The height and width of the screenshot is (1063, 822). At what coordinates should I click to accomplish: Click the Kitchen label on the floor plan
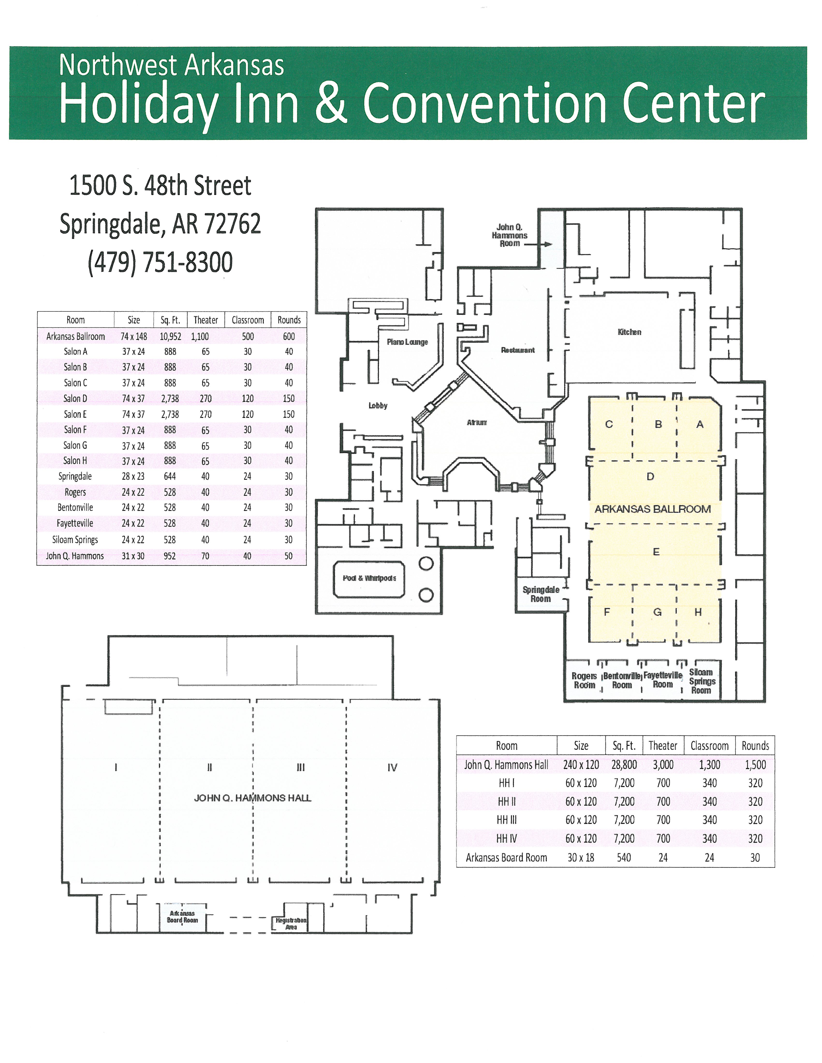629,332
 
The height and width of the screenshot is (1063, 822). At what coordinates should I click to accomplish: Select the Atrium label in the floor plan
477,423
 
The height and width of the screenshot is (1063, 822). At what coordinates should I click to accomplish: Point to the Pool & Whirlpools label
369,578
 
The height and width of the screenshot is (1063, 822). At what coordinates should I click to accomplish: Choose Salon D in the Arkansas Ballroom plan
650,476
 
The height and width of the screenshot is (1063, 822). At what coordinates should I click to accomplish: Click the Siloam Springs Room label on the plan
701,682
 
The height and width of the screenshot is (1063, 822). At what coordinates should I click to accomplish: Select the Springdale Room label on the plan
541,594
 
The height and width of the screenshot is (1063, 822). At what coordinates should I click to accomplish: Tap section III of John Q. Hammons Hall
301,768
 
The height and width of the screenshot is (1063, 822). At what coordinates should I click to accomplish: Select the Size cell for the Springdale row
133,476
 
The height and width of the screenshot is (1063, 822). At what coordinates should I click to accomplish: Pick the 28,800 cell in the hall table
624,765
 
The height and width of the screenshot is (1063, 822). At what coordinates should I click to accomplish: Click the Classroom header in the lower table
710,746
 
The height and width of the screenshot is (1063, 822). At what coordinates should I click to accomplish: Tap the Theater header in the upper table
205,320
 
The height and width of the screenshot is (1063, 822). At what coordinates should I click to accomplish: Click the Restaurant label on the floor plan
518,350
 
